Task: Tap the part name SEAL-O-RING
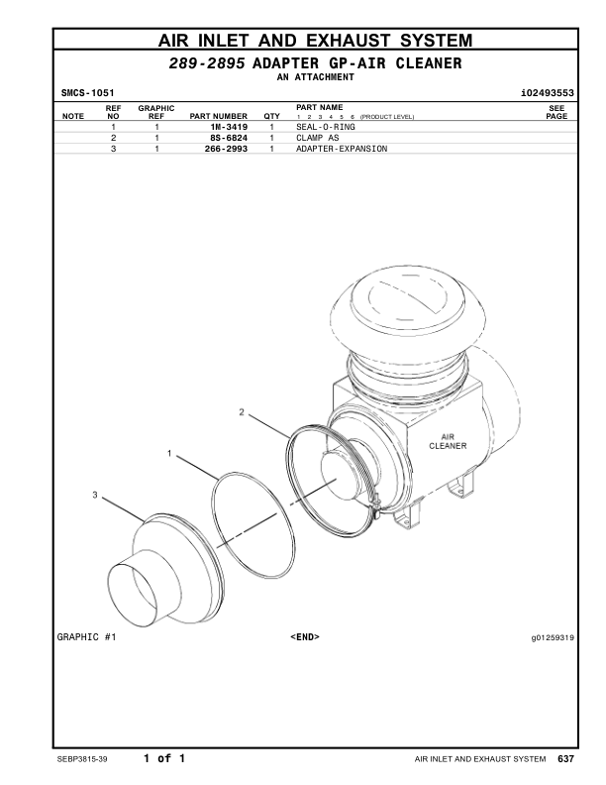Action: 326,128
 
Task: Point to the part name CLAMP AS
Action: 318,139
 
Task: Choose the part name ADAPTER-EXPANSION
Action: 342,149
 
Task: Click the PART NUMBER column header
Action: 218,117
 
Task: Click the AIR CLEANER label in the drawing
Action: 441,441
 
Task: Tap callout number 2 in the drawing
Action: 242,410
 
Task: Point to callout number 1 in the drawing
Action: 169,454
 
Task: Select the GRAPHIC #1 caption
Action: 86,637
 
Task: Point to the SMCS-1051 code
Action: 86,93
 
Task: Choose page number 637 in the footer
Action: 565,759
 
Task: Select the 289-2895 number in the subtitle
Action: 208,63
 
